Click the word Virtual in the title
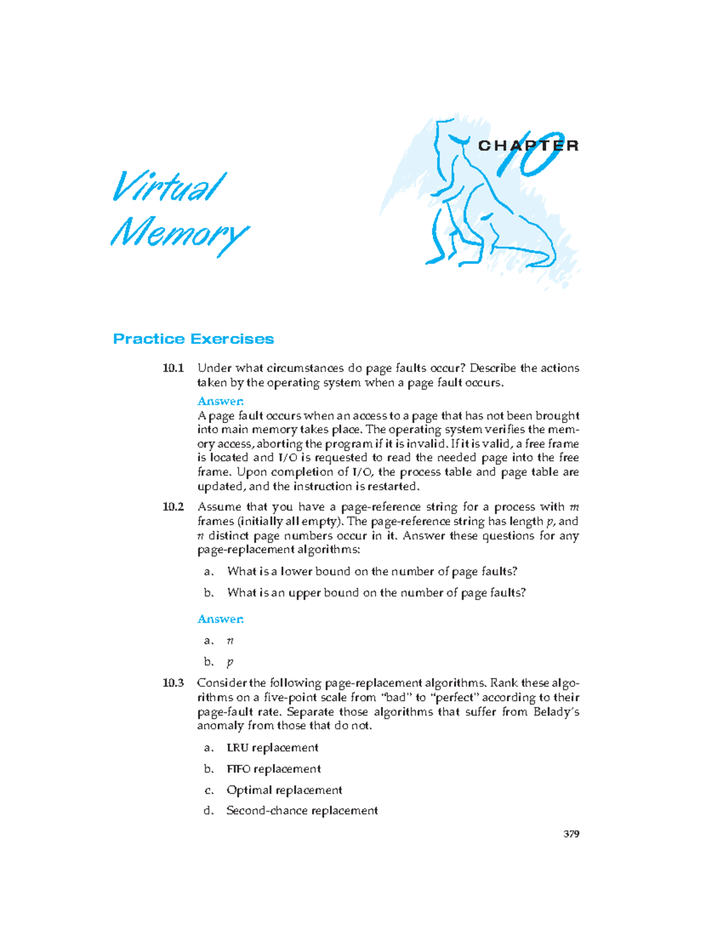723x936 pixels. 169,187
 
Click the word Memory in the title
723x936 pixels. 179,234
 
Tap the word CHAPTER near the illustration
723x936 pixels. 528,146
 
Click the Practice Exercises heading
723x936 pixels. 193,339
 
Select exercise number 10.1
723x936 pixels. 173,368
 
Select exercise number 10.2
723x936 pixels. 173,507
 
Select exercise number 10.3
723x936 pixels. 173,683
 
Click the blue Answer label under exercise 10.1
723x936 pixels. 221,401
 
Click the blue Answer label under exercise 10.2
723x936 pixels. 221,620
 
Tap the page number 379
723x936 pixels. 571,834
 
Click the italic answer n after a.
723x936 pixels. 230,641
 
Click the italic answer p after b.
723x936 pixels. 230,662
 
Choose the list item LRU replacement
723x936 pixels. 272,748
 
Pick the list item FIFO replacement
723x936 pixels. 274,769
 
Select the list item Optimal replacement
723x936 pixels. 284,790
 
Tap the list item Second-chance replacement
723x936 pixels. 302,811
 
